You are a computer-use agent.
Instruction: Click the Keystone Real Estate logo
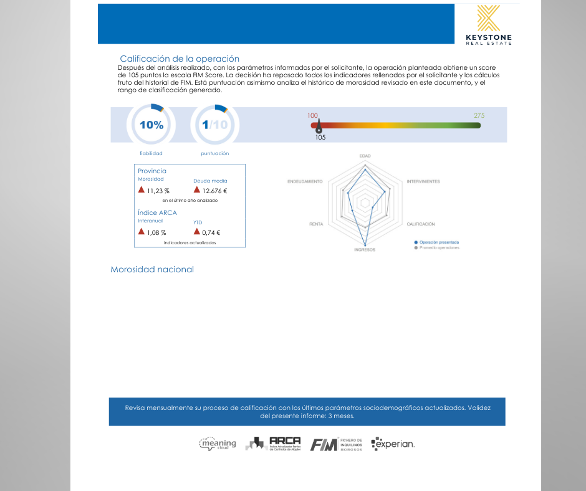pos(488,24)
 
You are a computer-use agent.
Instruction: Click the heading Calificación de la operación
pos(180,59)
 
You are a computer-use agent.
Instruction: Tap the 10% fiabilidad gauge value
pos(151,125)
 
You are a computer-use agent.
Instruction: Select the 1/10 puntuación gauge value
pos(214,125)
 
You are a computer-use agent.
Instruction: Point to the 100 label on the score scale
pos(313,116)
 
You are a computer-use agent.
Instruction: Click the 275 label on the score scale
pos(479,116)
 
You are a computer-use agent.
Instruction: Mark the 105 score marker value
pos(320,138)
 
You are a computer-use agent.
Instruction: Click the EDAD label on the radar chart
pos(365,155)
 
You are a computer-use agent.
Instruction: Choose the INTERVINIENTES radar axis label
pos(423,181)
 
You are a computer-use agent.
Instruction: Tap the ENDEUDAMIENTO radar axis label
pos(305,181)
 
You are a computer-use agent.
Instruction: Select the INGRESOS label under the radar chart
pos(365,250)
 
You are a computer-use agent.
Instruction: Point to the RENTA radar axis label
pos(316,224)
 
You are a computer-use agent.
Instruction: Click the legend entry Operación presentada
pos(439,242)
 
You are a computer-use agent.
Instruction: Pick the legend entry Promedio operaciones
pos(439,247)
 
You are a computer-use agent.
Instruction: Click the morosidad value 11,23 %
pos(158,191)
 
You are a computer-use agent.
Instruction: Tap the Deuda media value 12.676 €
pos(214,191)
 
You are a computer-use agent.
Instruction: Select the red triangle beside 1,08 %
pos(142,232)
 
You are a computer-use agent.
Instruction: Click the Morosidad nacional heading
pos(152,269)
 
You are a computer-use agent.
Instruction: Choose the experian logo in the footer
pos(393,444)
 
